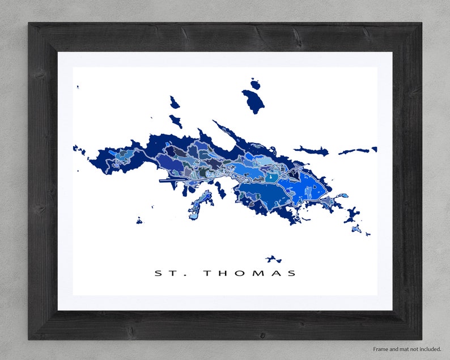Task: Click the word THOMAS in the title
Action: [249, 273]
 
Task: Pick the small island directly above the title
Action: [274, 259]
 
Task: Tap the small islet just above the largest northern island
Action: [255, 84]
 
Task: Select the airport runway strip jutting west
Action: [173, 181]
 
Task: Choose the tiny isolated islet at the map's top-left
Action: [77, 87]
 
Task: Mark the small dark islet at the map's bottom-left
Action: [139, 221]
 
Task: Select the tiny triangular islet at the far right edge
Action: [374, 150]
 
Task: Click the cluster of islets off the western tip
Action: [79, 150]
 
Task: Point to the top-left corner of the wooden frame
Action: [29, 24]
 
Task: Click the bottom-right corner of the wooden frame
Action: [421, 338]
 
